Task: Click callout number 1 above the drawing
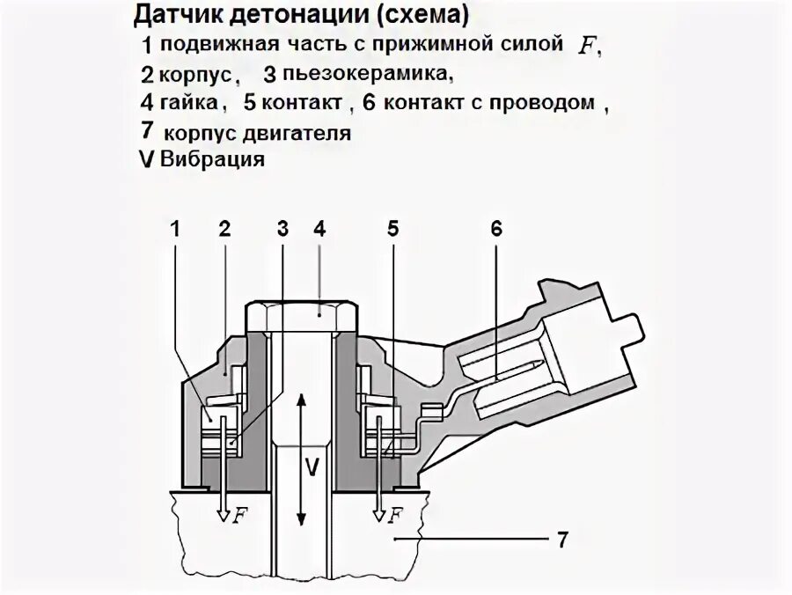(175, 230)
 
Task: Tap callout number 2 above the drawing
(224, 230)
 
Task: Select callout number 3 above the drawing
(282, 230)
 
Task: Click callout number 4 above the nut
(319, 230)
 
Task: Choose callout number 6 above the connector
(496, 230)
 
